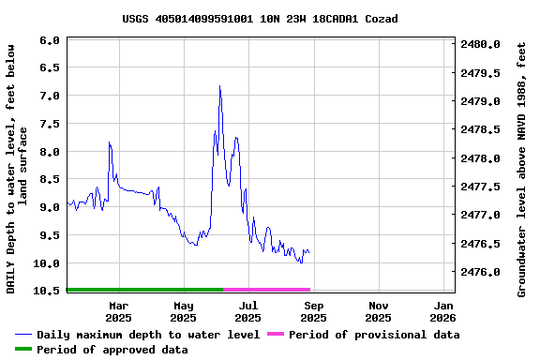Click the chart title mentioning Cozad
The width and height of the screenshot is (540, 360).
[260, 19]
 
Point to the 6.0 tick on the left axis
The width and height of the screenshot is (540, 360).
[50, 40]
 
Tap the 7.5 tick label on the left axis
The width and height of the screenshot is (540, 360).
[50, 124]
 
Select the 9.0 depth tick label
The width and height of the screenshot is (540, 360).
[50, 207]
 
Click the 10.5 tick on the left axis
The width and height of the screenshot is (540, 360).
[47, 291]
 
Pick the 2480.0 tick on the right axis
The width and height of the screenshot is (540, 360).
[481, 44]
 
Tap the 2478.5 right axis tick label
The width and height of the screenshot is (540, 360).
[481, 129]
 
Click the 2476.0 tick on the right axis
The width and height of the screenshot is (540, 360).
[481, 272]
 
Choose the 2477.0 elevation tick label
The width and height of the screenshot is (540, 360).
[481, 215]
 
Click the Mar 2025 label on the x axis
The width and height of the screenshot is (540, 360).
[118, 311]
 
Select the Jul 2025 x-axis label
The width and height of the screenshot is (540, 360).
[248, 311]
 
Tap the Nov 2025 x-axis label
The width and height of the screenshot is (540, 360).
[379, 311]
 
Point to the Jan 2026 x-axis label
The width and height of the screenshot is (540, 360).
[443, 311]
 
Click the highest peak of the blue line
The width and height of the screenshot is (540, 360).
[219, 86]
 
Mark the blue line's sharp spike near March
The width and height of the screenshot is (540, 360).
[110, 142]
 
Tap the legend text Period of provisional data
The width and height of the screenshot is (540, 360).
[374, 335]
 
